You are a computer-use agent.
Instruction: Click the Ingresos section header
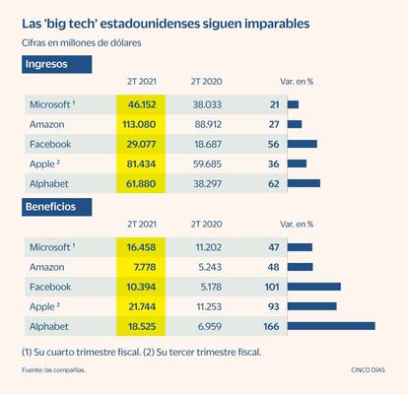pyautogui.click(x=57, y=64)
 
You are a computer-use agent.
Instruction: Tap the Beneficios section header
pyautogui.click(x=57, y=207)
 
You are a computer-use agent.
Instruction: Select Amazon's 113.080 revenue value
pyautogui.click(x=139, y=124)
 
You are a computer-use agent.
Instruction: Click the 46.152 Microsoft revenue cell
pyautogui.click(x=142, y=104)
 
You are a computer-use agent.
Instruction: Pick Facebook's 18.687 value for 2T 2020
pyautogui.click(x=208, y=144)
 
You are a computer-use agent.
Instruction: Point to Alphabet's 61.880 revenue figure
pyautogui.click(x=141, y=183)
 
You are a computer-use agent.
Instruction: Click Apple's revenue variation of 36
pyautogui.click(x=274, y=164)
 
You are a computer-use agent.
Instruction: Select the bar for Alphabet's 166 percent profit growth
pyautogui.click(x=331, y=326)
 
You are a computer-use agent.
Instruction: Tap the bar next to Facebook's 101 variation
pyautogui.click(x=314, y=287)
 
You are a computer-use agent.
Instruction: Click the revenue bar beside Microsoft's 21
pyautogui.click(x=293, y=104)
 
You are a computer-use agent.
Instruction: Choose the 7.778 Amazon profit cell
pyautogui.click(x=145, y=267)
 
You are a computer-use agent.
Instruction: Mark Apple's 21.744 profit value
pyautogui.click(x=142, y=306)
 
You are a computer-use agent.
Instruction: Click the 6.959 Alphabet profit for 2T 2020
pyautogui.click(x=210, y=326)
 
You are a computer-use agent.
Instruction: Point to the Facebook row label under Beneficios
pyautogui.click(x=50, y=287)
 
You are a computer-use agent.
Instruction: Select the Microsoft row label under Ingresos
pyautogui.click(x=52, y=104)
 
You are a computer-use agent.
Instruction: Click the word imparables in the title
pyautogui.click(x=277, y=24)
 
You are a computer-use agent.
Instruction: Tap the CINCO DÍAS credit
pyautogui.click(x=368, y=370)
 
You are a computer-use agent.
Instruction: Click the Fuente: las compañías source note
pyautogui.click(x=53, y=370)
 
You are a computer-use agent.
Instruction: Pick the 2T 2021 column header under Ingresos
pyautogui.click(x=142, y=82)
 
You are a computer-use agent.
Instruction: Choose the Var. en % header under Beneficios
pyautogui.click(x=297, y=225)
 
